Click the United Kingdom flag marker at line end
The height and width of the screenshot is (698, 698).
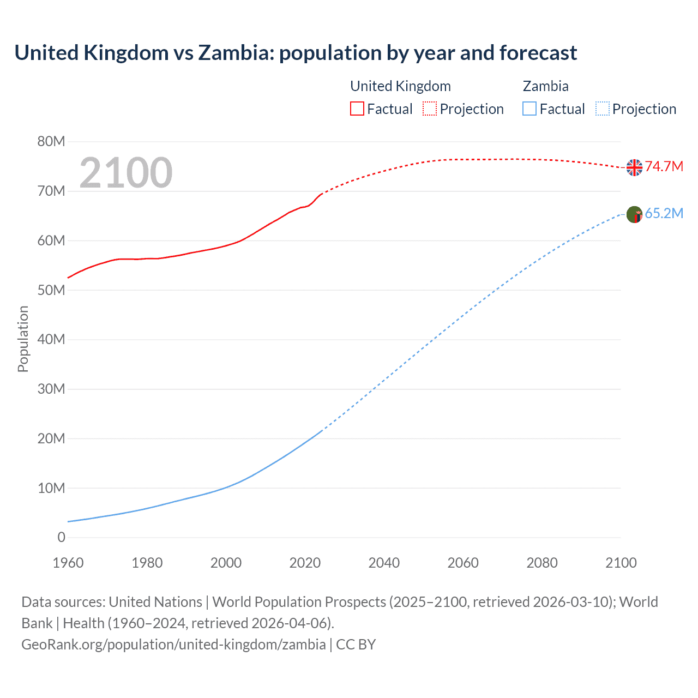[634, 167]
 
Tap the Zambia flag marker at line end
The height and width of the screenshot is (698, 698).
[634, 214]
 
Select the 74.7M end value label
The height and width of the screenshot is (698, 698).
[664, 166]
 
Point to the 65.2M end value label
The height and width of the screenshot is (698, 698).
[664, 213]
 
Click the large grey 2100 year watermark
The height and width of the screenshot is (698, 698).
[126, 173]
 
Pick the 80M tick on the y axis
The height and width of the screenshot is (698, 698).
[51, 142]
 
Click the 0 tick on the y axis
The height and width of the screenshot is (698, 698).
[61, 537]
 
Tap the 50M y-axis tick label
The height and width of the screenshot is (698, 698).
[51, 290]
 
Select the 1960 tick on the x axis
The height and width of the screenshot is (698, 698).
[68, 563]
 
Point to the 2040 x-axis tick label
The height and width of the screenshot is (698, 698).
[384, 563]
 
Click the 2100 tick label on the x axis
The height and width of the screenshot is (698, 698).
[621, 563]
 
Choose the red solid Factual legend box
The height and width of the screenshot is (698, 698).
[357, 109]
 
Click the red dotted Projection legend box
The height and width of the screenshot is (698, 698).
[430, 109]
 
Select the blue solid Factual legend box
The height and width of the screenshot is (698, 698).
[529, 109]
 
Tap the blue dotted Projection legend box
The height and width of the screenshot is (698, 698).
[602, 109]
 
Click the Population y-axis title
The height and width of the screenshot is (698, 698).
[23, 339]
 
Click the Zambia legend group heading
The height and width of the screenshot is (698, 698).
[545, 86]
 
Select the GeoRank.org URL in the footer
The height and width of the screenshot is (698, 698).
[173, 644]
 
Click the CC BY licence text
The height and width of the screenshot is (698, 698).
[356, 644]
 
